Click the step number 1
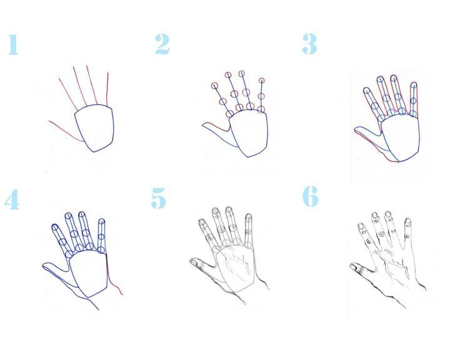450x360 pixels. pyautogui.click(x=13, y=44)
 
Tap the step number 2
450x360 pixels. pyautogui.click(x=162, y=44)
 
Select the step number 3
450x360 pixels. pyautogui.click(x=309, y=44)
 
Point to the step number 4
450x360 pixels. pyautogui.click(x=12, y=199)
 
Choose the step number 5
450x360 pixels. pyautogui.click(x=158, y=198)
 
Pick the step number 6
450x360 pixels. pyautogui.click(x=311, y=196)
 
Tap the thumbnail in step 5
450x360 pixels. pyautogui.click(x=196, y=262)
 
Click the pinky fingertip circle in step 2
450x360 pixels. pyautogui.click(x=261, y=81)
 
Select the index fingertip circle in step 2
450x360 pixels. pyautogui.click(x=214, y=86)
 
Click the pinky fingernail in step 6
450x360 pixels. pyautogui.click(x=407, y=222)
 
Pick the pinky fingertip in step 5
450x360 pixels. pyautogui.click(x=249, y=216)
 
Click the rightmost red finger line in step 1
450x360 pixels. pyautogui.click(x=107, y=89)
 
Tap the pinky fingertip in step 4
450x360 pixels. pyautogui.click(x=102, y=221)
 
